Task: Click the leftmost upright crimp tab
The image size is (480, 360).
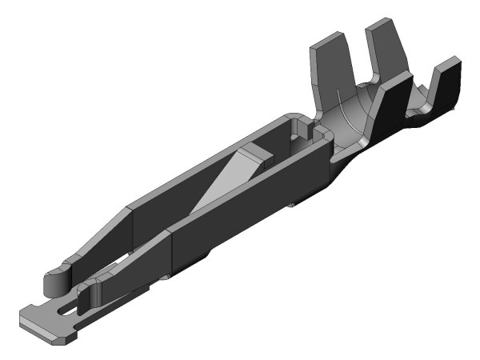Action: click(325, 68)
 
